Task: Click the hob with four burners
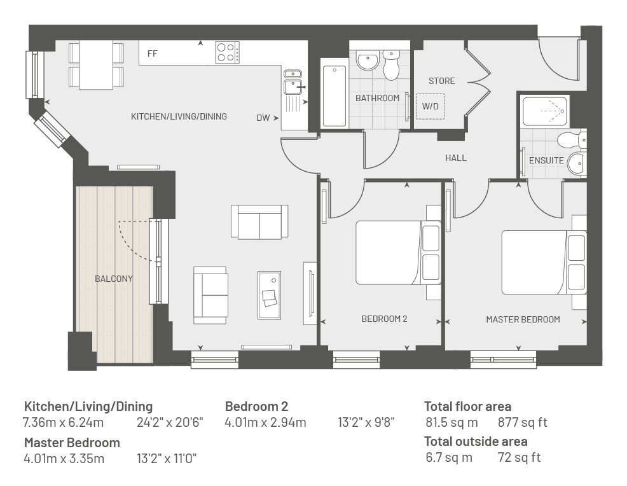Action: pyautogui.click(x=228, y=52)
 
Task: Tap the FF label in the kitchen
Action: pyautogui.click(x=153, y=53)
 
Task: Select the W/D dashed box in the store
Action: pyautogui.click(x=431, y=106)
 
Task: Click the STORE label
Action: pyautogui.click(x=441, y=81)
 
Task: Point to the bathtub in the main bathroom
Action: pyautogui.click(x=334, y=97)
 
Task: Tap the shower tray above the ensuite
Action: pyautogui.click(x=545, y=111)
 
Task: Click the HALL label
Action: pyautogui.click(x=456, y=158)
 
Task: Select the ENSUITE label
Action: pyautogui.click(x=546, y=160)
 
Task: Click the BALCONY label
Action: pyautogui.click(x=114, y=279)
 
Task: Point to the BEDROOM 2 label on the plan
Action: pyautogui.click(x=384, y=319)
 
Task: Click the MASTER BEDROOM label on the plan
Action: pyautogui.click(x=523, y=319)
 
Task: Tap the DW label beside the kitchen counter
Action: pyautogui.click(x=263, y=118)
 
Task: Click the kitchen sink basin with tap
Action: pyautogui.click(x=294, y=87)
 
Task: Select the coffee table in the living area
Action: pyautogui.click(x=269, y=295)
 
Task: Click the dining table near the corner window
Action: pyautogui.click(x=96, y=65)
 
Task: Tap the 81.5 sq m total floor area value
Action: pyautogui.click(x=451, y=422)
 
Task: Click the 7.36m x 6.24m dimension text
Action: pyautogui.click(x=63, y=422)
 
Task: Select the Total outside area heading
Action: pyautogui.click(x=476, y=441)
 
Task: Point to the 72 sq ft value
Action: pyautogui.click(x=519, y=457)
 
